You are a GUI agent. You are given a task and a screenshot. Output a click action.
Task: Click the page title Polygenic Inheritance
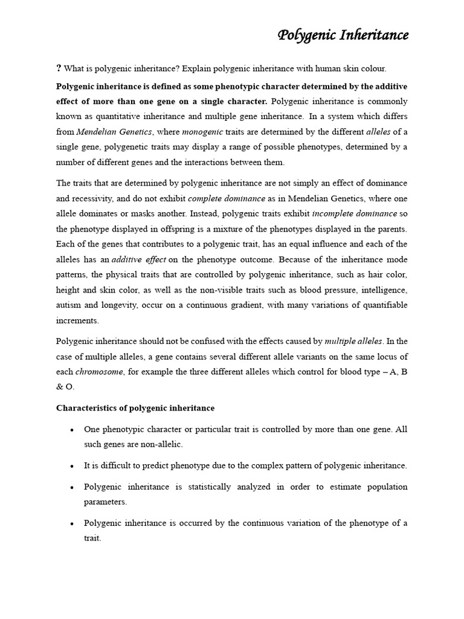click(x=343, y=36)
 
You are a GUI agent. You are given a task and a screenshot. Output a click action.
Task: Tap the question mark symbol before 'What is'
click(x=58, y=68)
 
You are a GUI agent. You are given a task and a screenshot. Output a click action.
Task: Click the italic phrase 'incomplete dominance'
click(x=355, y=213)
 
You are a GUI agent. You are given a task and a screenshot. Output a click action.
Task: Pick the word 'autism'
click(x=69, y=305)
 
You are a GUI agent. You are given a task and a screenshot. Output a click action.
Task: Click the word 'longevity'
click(x=115, y=305)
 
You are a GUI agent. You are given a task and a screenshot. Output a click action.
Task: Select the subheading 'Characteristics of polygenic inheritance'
click(x=135, y=408)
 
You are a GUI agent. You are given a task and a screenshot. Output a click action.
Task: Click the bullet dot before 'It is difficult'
click(x=72, y=467)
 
